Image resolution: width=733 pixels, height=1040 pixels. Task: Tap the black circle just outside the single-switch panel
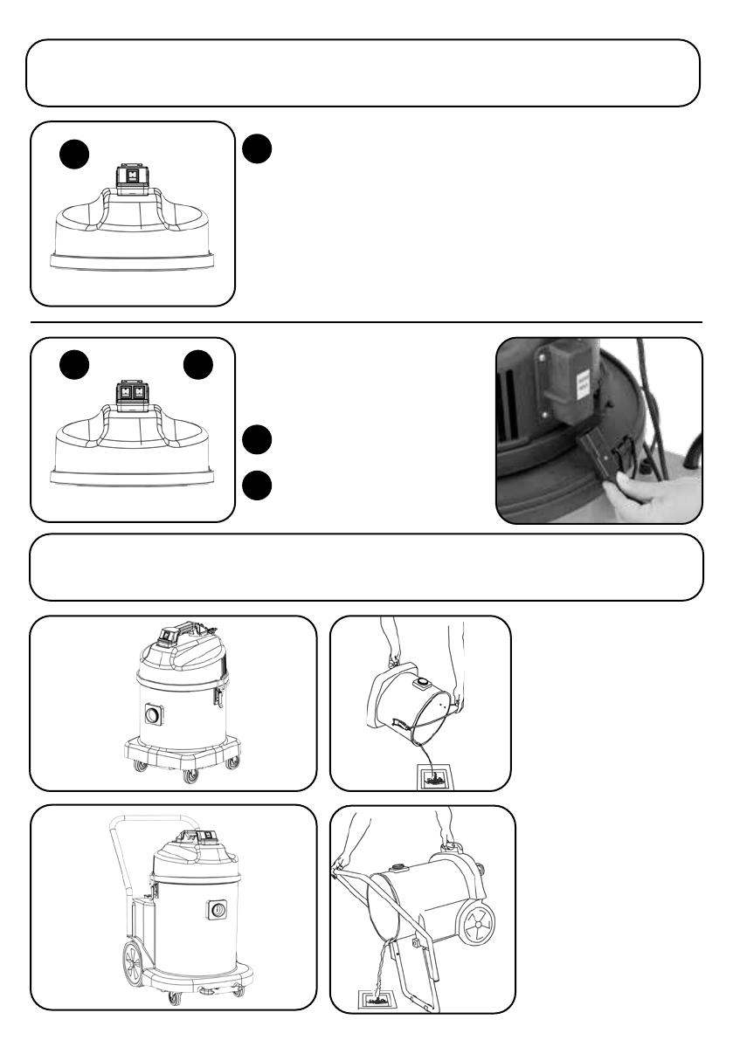[257, 148]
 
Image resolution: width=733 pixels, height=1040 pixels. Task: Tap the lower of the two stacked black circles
[257, 485]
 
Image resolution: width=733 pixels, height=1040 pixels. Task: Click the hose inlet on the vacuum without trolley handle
[156, 714]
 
